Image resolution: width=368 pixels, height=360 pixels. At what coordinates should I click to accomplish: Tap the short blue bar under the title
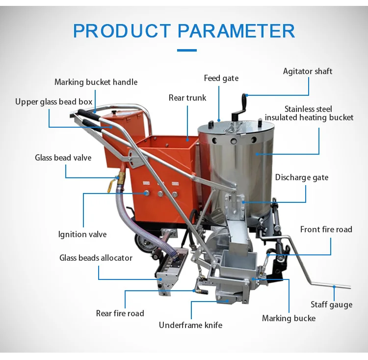click(186, 50)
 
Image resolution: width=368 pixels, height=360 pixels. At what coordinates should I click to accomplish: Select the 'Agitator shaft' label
click(308, 71)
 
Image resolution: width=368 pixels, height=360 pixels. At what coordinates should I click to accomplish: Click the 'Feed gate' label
click(221, 78)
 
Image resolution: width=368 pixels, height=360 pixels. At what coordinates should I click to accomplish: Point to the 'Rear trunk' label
click(187, 98)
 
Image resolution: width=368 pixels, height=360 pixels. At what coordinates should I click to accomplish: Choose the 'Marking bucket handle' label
click(96, 82)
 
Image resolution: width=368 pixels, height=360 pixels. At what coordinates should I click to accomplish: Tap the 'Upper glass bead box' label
click(53, 102)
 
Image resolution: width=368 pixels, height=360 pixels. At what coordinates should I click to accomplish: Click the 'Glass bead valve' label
click(63, 158)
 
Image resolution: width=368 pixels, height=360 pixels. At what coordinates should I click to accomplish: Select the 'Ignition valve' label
click(82, 234)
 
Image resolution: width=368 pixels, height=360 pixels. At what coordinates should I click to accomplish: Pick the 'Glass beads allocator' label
click(96, 257)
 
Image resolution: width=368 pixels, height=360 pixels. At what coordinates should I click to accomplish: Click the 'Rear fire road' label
click(120, 313)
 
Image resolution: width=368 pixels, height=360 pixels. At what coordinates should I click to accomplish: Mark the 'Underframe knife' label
click(190, 325)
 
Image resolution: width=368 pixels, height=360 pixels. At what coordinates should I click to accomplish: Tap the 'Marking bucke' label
click(289, 318)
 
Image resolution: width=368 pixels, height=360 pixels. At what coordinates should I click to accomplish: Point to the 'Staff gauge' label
click(331, 305)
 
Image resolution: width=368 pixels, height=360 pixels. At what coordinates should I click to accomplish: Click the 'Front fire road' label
click(326, 229)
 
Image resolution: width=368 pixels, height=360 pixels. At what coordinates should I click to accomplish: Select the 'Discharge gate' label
click(302, 177)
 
